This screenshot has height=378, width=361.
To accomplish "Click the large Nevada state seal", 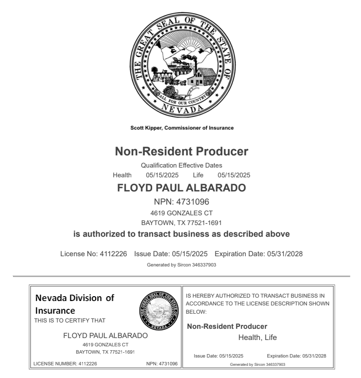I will (x=181, y=62).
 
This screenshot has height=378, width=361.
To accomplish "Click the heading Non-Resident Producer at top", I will (x=181, y=151).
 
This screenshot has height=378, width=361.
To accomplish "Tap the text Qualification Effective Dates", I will (x=181, y=166).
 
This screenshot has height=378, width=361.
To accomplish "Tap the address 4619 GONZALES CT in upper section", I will (x=181, y=212).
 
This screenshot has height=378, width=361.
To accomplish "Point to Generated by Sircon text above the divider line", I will (x=181, y=265).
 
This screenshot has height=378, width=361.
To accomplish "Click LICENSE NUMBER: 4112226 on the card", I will (x=68, y=363).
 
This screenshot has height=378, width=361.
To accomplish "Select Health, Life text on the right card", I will (x=257, y=337).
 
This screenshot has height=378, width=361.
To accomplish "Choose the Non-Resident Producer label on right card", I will (x=227, y=326).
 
